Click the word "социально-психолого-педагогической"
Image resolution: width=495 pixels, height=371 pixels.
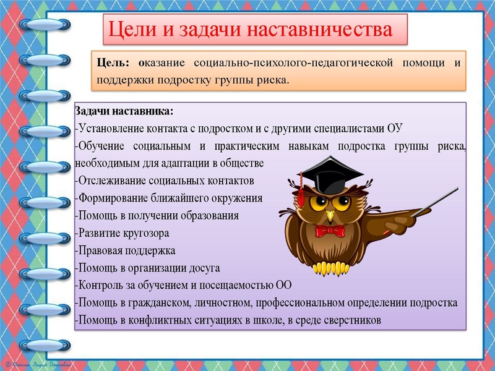pos(299,63)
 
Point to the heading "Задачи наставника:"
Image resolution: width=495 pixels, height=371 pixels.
pos(124,111)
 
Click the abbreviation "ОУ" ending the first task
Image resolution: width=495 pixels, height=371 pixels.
pos(395,129)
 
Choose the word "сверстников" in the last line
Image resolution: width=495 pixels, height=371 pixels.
pos(353,320)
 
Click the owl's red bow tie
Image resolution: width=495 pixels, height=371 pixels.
pos(330,231)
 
